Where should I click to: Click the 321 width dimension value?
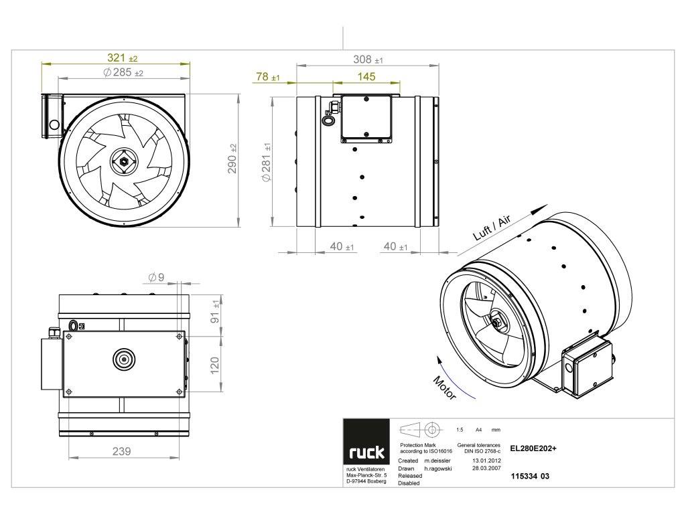point(118,58)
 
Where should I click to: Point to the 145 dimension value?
point(366,76)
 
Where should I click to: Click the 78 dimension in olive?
point(263,77)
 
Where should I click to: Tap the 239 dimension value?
point(121,451)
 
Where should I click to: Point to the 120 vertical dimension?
point(215,365)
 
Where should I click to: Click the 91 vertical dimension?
point(215,311)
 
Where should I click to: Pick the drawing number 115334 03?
point(530,477)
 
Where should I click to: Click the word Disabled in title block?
point(409,483)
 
